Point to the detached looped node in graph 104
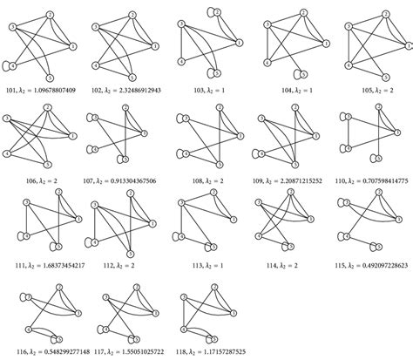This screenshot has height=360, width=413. pos(301,74)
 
